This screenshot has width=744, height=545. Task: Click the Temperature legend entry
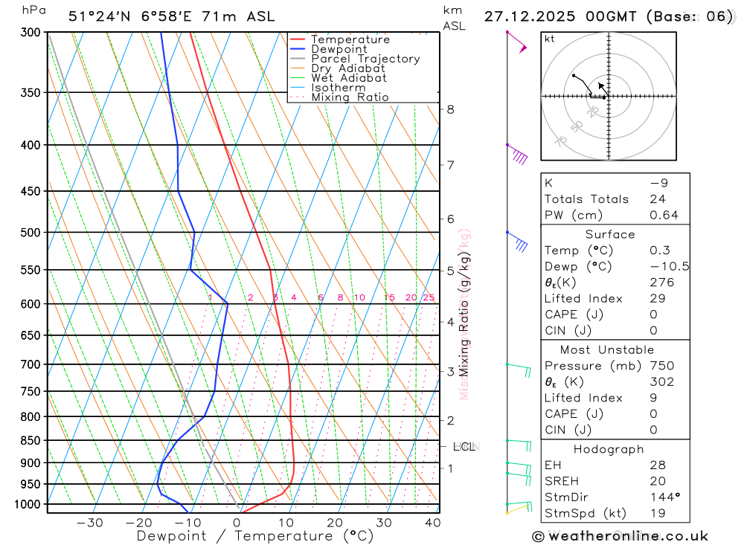[350, 39]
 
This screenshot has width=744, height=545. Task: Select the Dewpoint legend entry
[339, 49]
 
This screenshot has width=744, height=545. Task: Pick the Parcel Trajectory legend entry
[365, 59]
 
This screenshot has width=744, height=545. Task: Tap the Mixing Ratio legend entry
[350, 97]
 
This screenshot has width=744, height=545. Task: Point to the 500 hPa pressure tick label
[30, 233]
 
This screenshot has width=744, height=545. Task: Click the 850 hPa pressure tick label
[30, 440]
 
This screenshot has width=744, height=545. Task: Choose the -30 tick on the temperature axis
[90, 523]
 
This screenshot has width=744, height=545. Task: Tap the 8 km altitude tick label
[450, 109]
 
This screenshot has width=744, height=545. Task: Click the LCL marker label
[464, 447]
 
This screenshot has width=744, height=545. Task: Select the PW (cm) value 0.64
[664, 215]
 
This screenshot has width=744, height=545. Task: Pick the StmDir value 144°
[663, 497]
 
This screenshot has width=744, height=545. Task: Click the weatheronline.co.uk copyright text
[620, 536]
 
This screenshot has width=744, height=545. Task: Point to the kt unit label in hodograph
[550, 39]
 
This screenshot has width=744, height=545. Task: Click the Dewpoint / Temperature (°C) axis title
[255, 536]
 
